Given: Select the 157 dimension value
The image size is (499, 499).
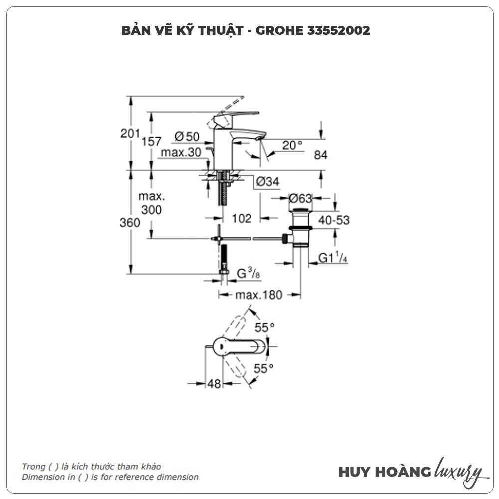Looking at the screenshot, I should coord(151,141).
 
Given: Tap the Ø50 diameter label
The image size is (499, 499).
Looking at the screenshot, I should coord(187,136).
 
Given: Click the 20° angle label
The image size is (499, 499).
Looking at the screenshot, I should coord(292,145).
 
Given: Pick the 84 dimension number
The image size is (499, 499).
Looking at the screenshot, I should coord(320,155).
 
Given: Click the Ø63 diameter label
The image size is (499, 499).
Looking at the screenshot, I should coord(300,198).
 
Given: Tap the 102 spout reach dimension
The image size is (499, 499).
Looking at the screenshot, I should coord(242,218).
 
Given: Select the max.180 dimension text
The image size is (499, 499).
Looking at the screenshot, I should coord(259,295).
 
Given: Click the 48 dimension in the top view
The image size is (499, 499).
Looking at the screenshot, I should coord(214,383).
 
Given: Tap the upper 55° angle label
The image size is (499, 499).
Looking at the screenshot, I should coord(265,328).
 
